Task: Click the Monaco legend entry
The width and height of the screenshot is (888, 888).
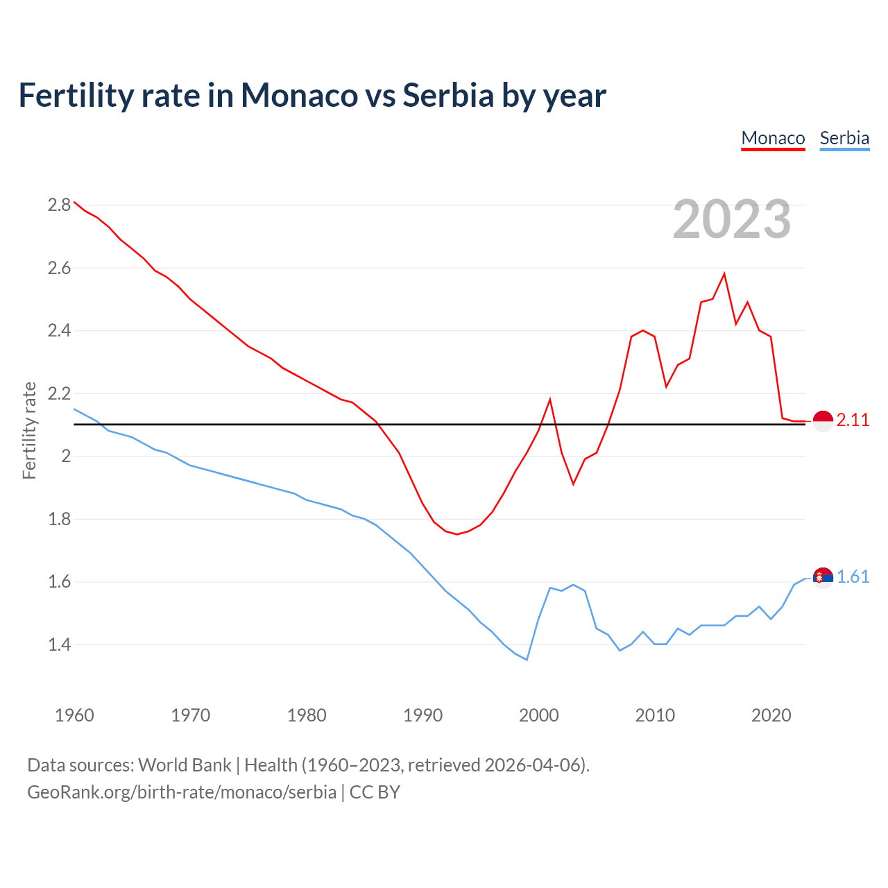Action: coord(773,138)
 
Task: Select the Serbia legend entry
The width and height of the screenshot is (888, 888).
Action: coord(844,138)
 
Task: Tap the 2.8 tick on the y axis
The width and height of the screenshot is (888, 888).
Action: coord(59,205)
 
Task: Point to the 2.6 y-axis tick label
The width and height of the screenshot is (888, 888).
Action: coord(59,268)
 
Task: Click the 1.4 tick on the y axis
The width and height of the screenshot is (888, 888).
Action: coord(59,644)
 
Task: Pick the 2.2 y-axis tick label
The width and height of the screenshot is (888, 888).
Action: coord(59,393)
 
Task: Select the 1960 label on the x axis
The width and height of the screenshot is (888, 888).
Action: coord(74,715)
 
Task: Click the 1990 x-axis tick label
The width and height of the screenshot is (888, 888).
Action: coord(422,715)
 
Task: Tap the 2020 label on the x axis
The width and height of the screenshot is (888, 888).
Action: coord(771,715)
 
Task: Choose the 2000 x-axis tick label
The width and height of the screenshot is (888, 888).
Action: coord(539,715)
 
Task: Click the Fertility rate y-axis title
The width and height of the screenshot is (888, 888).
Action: coord(29,430)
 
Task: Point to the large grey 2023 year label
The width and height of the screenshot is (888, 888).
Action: coord(732,219)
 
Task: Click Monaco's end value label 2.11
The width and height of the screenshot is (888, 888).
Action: coord(853,420)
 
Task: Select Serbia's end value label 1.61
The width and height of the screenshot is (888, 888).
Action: coord(853,577)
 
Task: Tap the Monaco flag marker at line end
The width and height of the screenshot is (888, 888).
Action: coord(823,421)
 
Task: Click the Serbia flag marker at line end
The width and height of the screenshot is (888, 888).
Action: coord(823,577)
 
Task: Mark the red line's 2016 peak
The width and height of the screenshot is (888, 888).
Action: coord(724,273)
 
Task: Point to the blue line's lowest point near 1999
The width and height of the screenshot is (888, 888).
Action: coord(527,660)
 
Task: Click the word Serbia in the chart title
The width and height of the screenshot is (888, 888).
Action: coord(448,95)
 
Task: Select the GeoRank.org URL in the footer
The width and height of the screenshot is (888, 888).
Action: coord(182,792)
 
